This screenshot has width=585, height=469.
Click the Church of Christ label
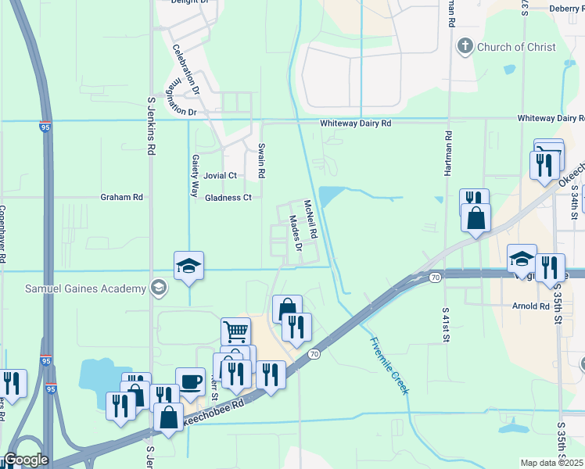pyautogui.click(x=516, y=47)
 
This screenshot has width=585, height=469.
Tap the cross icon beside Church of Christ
pyautogui.click(x=466, y=46)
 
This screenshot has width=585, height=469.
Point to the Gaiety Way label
pyautogui.click(x=195, y=175)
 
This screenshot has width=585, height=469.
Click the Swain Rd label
pyautogui.click(x=262, y=161)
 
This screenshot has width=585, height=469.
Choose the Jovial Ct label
pyautogui.click(x=220, y=176)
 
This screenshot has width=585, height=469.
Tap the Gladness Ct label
pyautogui.click(x=228, y=198)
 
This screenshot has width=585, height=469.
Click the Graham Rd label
pyautogui.click(x=121, y=198)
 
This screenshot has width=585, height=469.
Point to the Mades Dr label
pyautogui.click(x=296, y=232)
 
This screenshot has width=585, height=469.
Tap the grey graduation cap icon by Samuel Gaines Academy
pyautogui.click(x=160, y=288)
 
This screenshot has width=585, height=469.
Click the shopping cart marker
pyautogui.click(x=235, y=331)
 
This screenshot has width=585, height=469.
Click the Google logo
pyautogui.click(x=25, y=460)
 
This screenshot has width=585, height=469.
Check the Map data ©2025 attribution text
pyautogui.click(x=552, y=463)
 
